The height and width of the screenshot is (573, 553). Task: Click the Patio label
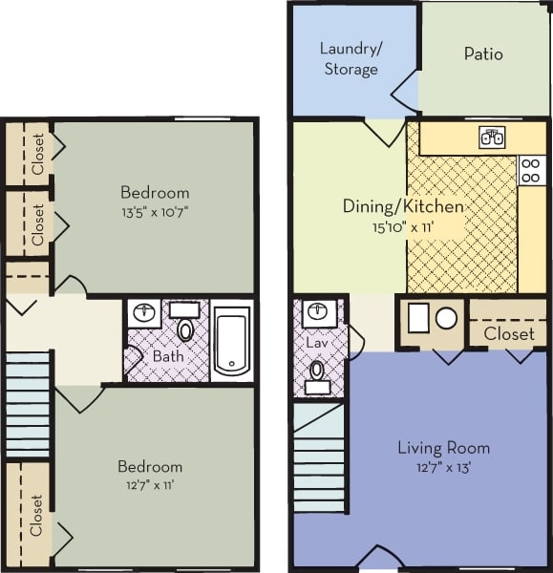(483, 54)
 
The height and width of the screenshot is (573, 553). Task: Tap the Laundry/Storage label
(349, 59)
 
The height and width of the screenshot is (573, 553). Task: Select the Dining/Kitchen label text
(403, 206)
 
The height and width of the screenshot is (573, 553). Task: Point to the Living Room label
(443, 447)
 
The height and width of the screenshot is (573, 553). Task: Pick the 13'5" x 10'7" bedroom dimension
(155, 212)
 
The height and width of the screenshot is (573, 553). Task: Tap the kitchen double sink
(493, 138)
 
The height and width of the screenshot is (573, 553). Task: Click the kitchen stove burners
(531, 171)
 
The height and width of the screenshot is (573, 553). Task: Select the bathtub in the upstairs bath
(232, 341)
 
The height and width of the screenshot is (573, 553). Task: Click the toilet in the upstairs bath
(185, 328)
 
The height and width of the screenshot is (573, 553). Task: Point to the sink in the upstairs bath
(145, 313)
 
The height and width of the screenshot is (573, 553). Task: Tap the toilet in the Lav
(317, 372)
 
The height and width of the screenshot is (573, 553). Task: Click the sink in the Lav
(318, 311)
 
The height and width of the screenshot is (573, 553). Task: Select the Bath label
(168, 357)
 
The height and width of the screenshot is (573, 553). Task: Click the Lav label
(317, 342)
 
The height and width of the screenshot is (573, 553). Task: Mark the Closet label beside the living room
(509, 333)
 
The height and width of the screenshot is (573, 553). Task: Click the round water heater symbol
(446, 318)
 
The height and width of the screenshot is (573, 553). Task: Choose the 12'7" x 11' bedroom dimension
(149, 486)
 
